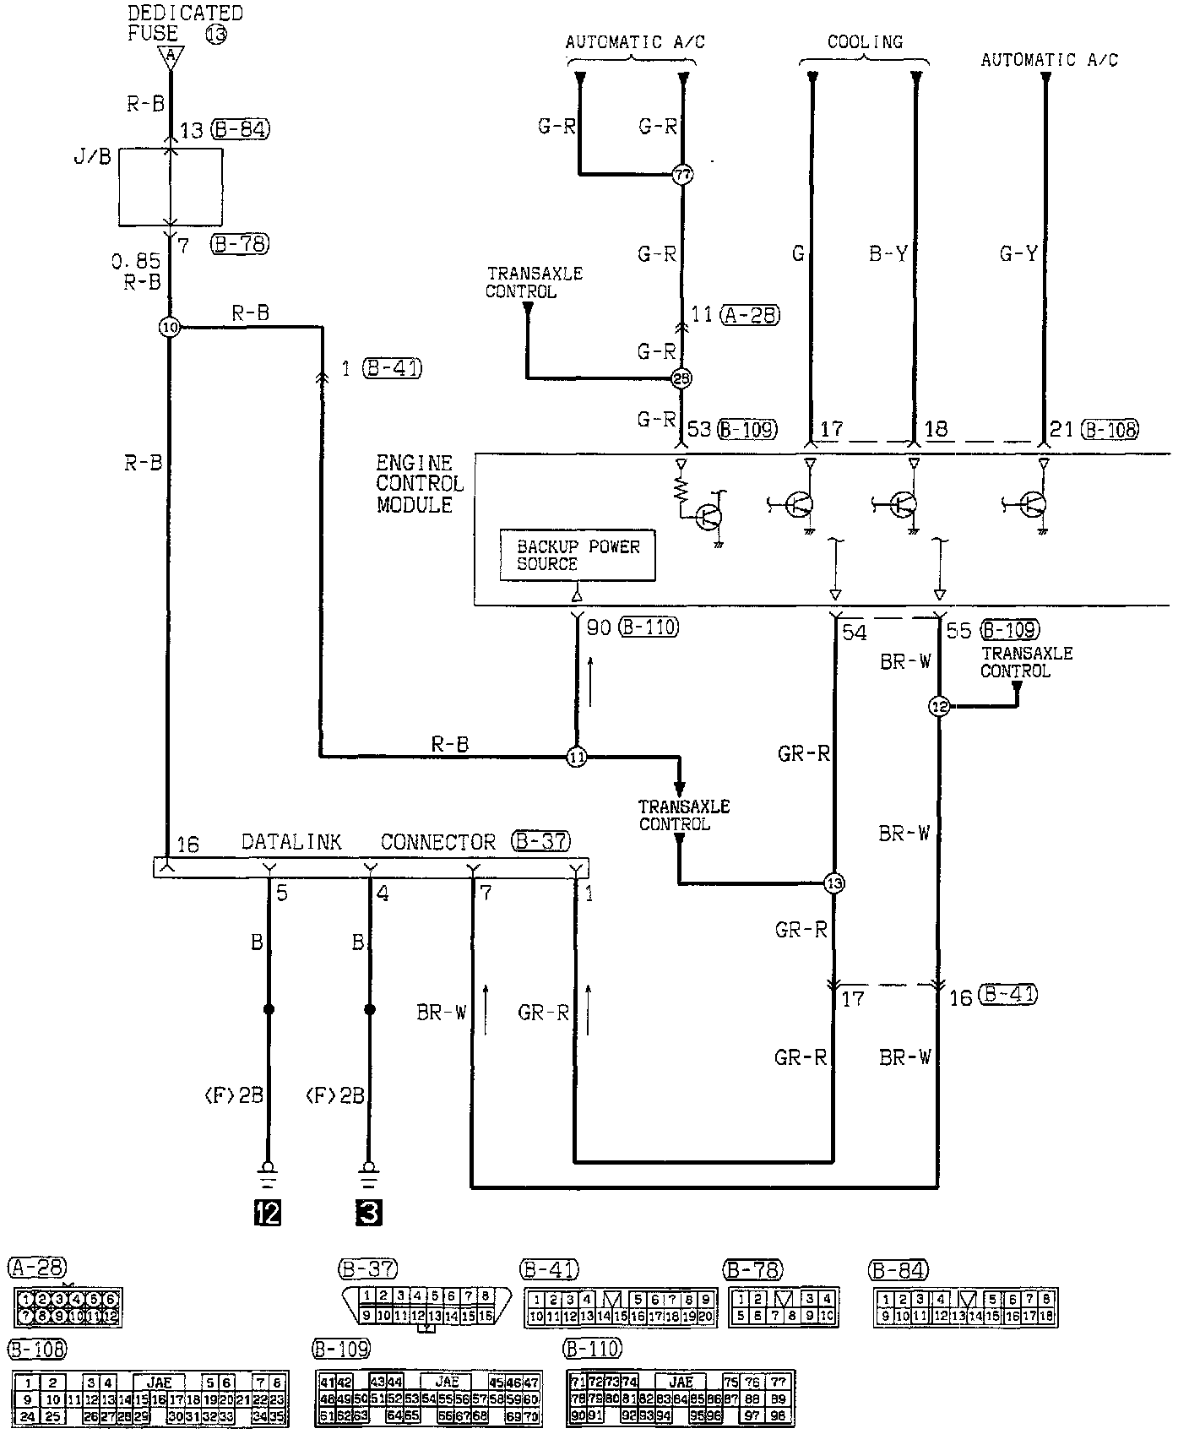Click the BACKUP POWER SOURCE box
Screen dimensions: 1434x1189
(x=578, y=555)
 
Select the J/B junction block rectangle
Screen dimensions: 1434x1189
(x=171, y=187)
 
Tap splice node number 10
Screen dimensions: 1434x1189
(x=170, y=327)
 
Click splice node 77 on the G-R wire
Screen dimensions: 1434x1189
(x=682, y=176)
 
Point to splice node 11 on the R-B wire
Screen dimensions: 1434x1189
(x=576, y=757)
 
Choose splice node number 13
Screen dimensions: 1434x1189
(x=834, y=883)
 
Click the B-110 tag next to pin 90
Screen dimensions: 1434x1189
(x=648, y=627)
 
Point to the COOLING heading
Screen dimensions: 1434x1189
(x=865, y=42)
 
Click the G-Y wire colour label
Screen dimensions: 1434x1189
(x=1018, y=253)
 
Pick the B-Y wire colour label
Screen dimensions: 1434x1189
(x=888, y=253)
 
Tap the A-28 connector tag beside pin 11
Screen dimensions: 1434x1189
(x=749, y=316)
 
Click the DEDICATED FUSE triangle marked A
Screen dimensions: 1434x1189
(x=171, y=57)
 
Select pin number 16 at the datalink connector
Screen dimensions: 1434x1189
(x=187, y=845)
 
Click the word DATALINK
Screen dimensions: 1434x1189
(x=291, y=842)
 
